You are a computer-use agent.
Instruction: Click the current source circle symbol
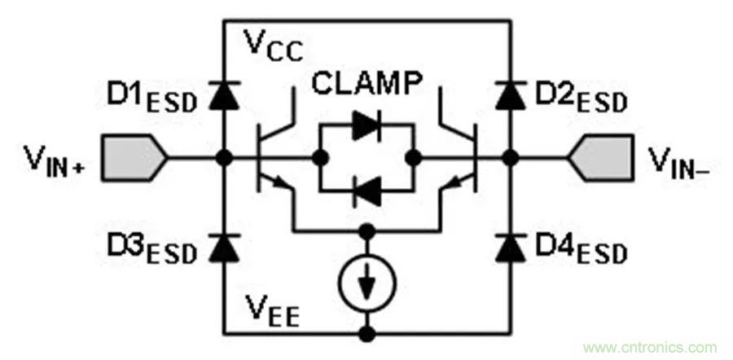pyautogui.click(x=367, y=281)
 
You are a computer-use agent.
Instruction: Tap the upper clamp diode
pyautogui.click(x=366, y=125)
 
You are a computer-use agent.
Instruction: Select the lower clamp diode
pyautogui.click(x=366, y=191)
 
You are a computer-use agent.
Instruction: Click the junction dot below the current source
pyautogui.click(x=367, y=332)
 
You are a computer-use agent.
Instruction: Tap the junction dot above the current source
pyautogui.click(x=367, y=230)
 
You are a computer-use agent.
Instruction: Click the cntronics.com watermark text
pyautogui.click(x=649, y=345)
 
